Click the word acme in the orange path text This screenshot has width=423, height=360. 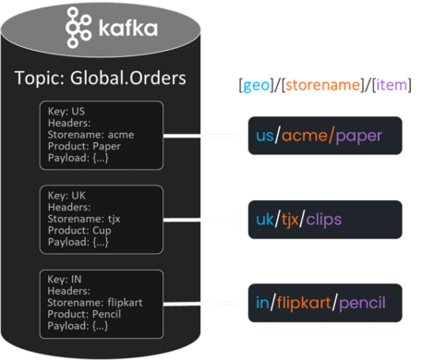coord(307,137)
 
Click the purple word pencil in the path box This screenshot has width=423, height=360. coord(362,303)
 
